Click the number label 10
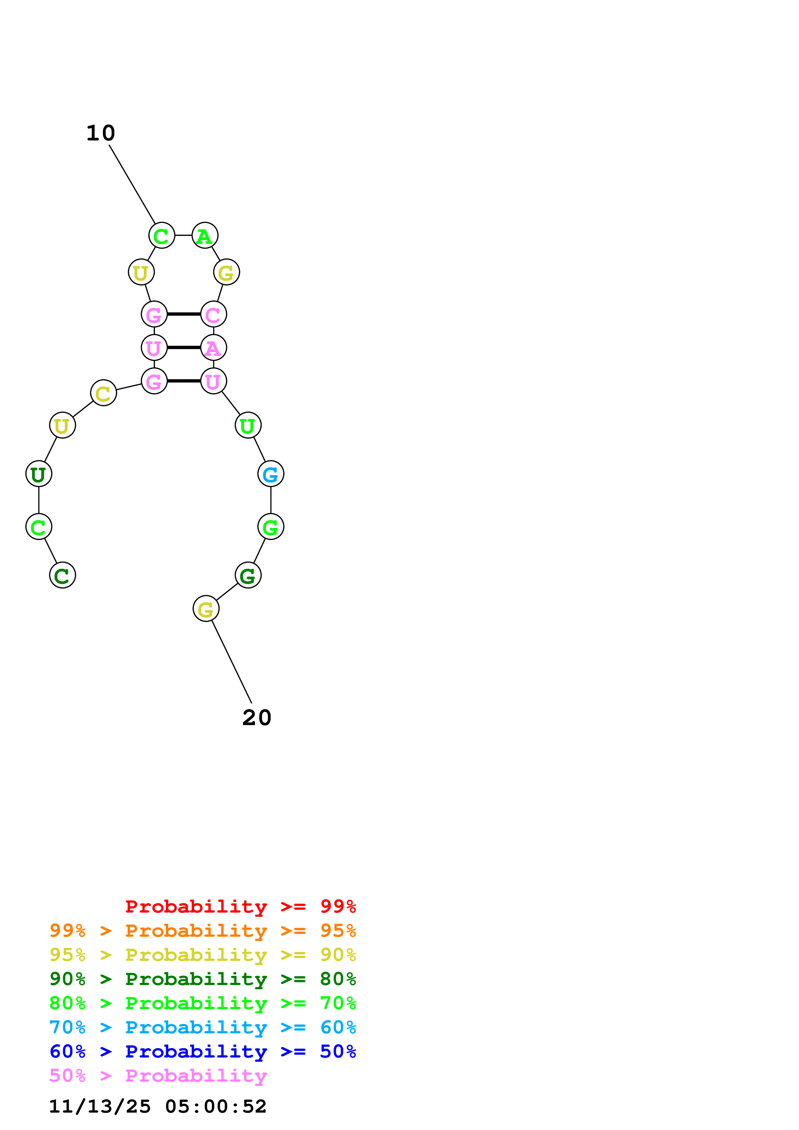click(101, 133)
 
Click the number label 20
click(257, 718)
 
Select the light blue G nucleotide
click(270, 474)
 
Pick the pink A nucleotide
click(213, 348)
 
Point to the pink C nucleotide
click(213, 314)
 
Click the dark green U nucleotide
click(38, 474)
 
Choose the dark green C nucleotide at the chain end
click(63, 575)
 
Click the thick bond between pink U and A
click(184, 348)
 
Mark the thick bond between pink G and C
click(184, 314)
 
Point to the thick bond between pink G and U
click(184, 381)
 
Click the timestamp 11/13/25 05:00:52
click(158, 1106)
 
